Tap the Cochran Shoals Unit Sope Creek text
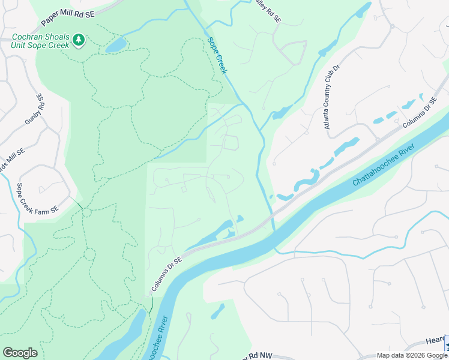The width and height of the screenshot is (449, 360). (x=40, y=40)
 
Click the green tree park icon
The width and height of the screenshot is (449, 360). (x=78, y=40)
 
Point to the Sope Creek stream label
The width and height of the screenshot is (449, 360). (x=217, y=56)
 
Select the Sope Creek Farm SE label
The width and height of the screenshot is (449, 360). (x=37, y=199)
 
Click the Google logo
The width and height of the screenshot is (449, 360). (x=20, y=353)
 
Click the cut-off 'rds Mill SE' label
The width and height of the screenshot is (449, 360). (x=11, y=160)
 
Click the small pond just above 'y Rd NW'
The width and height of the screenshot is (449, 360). (x=218, y=311)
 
